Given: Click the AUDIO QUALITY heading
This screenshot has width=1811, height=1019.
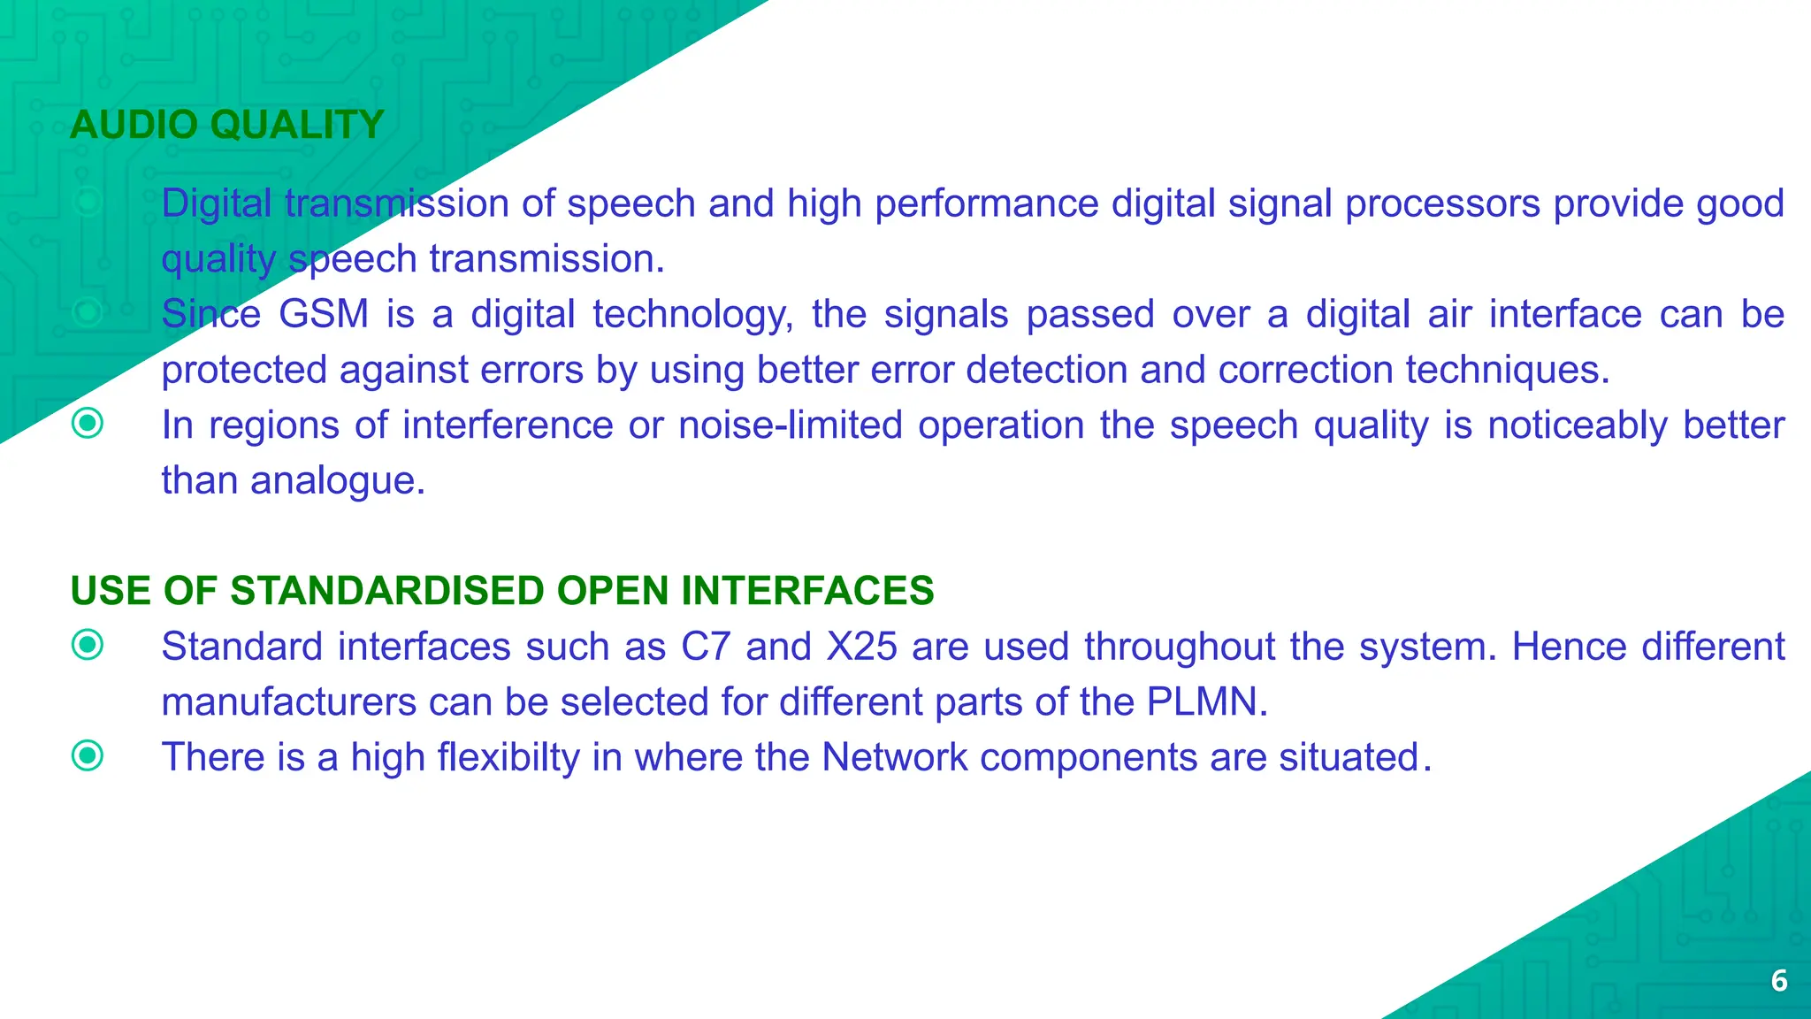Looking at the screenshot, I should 227,125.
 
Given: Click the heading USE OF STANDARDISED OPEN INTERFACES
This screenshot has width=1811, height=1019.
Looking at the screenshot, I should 501,591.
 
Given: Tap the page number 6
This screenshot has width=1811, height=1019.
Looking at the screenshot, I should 1779,981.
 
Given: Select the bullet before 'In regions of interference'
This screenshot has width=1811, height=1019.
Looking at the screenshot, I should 88,424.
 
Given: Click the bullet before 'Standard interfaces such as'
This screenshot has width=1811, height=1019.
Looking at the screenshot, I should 88,645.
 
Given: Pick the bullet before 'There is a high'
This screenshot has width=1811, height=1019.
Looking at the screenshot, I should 88,755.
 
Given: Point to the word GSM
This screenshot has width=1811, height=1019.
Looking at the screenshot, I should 324,315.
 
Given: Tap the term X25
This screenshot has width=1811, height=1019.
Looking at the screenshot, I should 862,647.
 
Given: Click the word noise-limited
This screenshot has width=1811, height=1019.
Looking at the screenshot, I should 791,425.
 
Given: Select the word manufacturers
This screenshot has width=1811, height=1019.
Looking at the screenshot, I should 288,702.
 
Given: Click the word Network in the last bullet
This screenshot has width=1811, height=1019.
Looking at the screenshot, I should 894,757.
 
